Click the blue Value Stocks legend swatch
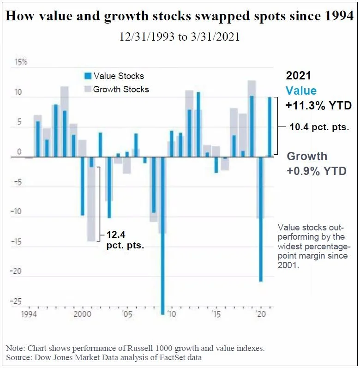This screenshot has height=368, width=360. pyautogui.click(x=87, y=76)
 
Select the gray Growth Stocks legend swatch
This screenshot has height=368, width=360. pyautogui.click(x=87, y=89)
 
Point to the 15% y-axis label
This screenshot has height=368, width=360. pyautogui.click(x=21, y=61)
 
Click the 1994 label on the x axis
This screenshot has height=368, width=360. pyautogui.click(x=28, y=315)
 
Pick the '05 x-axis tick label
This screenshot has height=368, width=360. pyautogui.click(x=127, y=315)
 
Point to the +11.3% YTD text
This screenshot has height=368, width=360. pyautogui.click(x=318, y=105)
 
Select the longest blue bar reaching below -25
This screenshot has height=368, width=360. pyautogui.click(x=162, y=235)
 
